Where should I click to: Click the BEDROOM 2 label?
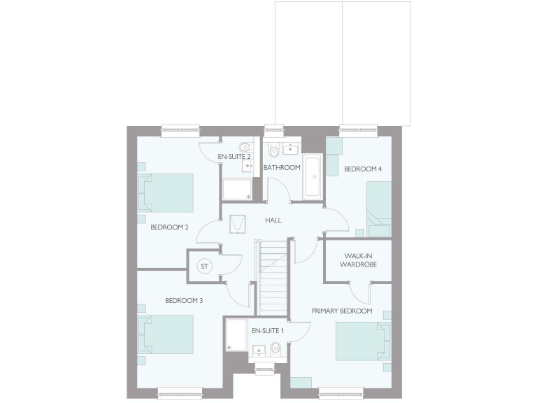coord(169,227)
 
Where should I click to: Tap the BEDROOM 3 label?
coord(184,301)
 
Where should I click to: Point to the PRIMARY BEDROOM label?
coord(342,311)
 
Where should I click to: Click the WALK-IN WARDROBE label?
coord(358,260)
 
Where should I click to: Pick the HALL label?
coord(273,220)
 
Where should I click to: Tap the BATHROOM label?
coord(282,167)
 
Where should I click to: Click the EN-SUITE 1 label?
coord(268,330)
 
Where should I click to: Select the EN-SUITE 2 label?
coord(234,156)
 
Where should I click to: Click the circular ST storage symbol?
coord(205,267)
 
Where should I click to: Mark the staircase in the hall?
coord(273,277)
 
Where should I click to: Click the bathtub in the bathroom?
coord(313,176)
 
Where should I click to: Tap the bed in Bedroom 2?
coord(167,193)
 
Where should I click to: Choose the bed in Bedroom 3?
coord(167,334)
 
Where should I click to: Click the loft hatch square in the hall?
coord(238,223)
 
